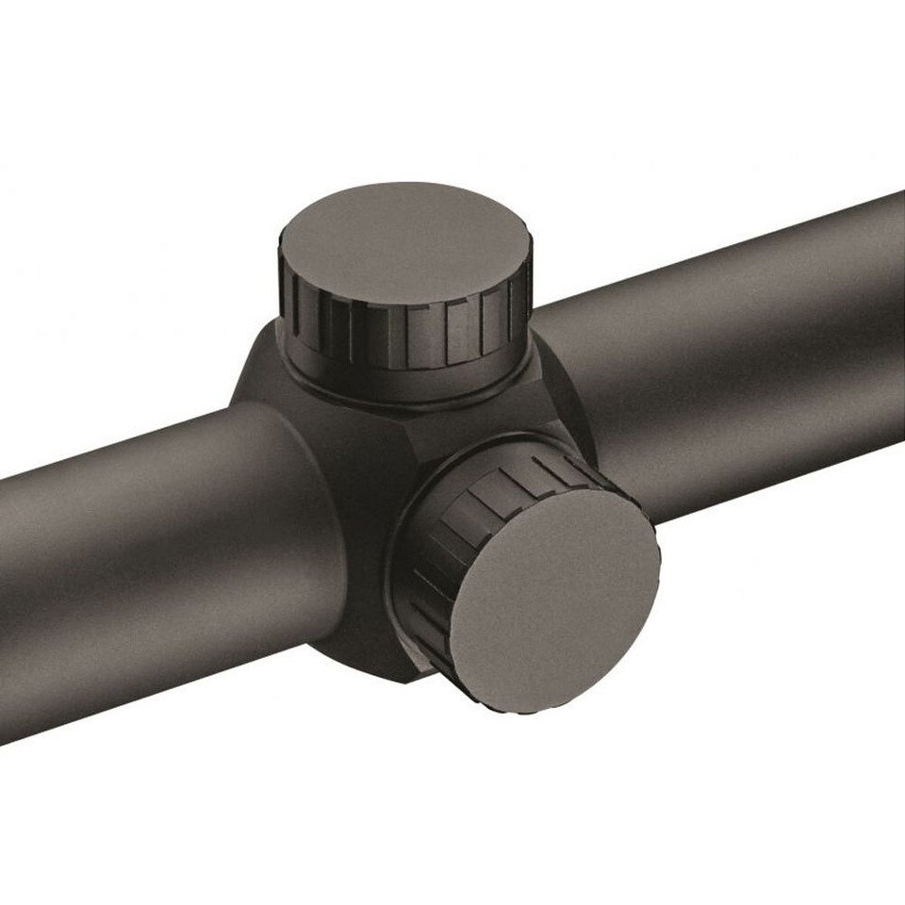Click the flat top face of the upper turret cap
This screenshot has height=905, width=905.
pos(405,240)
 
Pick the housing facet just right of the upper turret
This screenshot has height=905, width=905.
pos(551,387)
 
